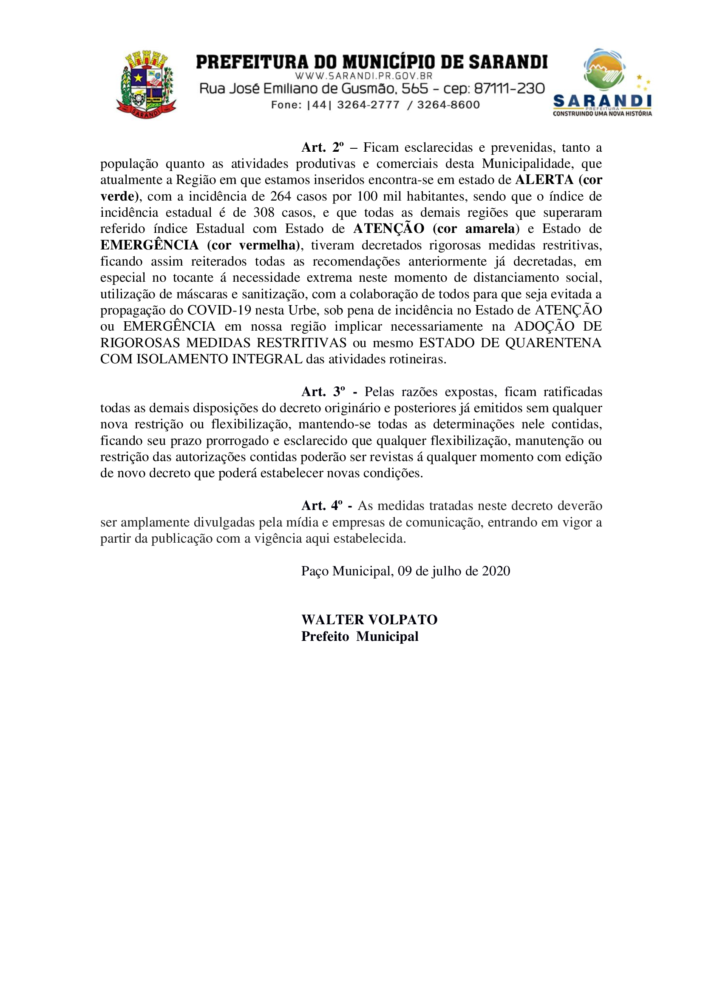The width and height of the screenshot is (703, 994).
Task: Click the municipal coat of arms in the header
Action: pos(146,85)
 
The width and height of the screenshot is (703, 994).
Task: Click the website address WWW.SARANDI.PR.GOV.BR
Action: pos(364,76)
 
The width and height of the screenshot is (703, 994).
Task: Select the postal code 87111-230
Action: pos(509,89)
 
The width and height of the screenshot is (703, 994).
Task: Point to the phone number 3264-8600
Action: pos(448,105)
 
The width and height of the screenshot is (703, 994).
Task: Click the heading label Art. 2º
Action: pos(323,147)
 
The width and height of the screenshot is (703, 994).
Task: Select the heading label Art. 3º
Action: pos(323,392)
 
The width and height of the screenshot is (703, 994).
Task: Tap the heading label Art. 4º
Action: pos(322,506)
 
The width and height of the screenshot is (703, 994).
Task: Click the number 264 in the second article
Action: pos(281,197)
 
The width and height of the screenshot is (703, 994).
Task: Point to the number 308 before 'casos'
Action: pos(264,212)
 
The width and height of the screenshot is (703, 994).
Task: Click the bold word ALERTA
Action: pos(544,180)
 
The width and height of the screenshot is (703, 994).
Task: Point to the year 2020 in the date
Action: pos(496,571)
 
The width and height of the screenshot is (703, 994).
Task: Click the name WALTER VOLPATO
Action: pos(369,620)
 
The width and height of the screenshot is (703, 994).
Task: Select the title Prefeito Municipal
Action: pos(360,637)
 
